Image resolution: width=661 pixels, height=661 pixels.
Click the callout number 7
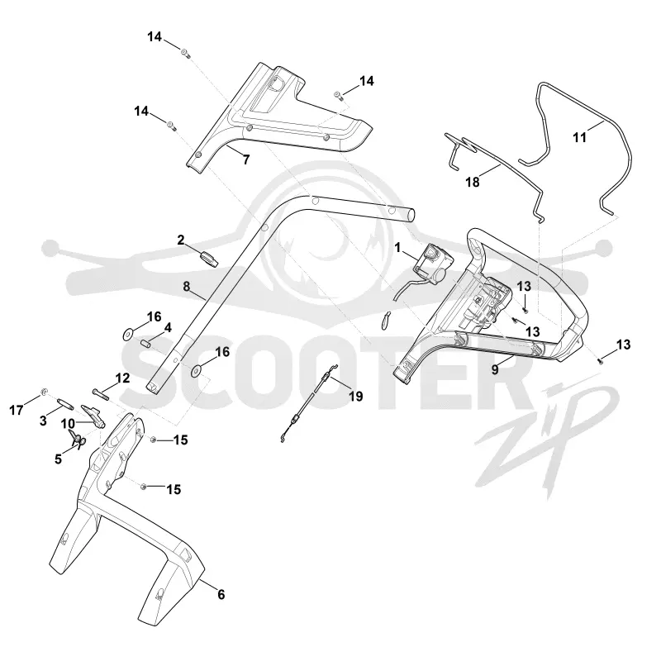click(246, 159)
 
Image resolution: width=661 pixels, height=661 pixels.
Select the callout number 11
click(580, 137)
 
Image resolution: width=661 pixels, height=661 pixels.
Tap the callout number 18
click(473, 182)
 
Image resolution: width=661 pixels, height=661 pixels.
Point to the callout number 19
click(356, 397)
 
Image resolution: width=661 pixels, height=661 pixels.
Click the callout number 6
click(221, 594)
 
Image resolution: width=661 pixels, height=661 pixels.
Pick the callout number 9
click(495, 369)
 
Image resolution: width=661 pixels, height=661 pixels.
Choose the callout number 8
click(187, 287)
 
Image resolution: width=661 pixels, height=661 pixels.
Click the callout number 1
click(397, 247)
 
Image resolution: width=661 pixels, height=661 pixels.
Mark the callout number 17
click(17, 410)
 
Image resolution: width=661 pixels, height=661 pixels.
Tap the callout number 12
click(122, 378)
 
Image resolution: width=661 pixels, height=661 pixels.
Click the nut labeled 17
click(43, 393)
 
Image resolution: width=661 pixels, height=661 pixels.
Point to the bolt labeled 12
click(100, 394)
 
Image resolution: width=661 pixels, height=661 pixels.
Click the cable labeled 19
click(310, 402)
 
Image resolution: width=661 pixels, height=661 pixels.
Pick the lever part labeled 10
click(93, 416)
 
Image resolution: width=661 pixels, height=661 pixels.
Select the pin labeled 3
click(66, 404)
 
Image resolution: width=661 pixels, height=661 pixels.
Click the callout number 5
click(58, 459)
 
